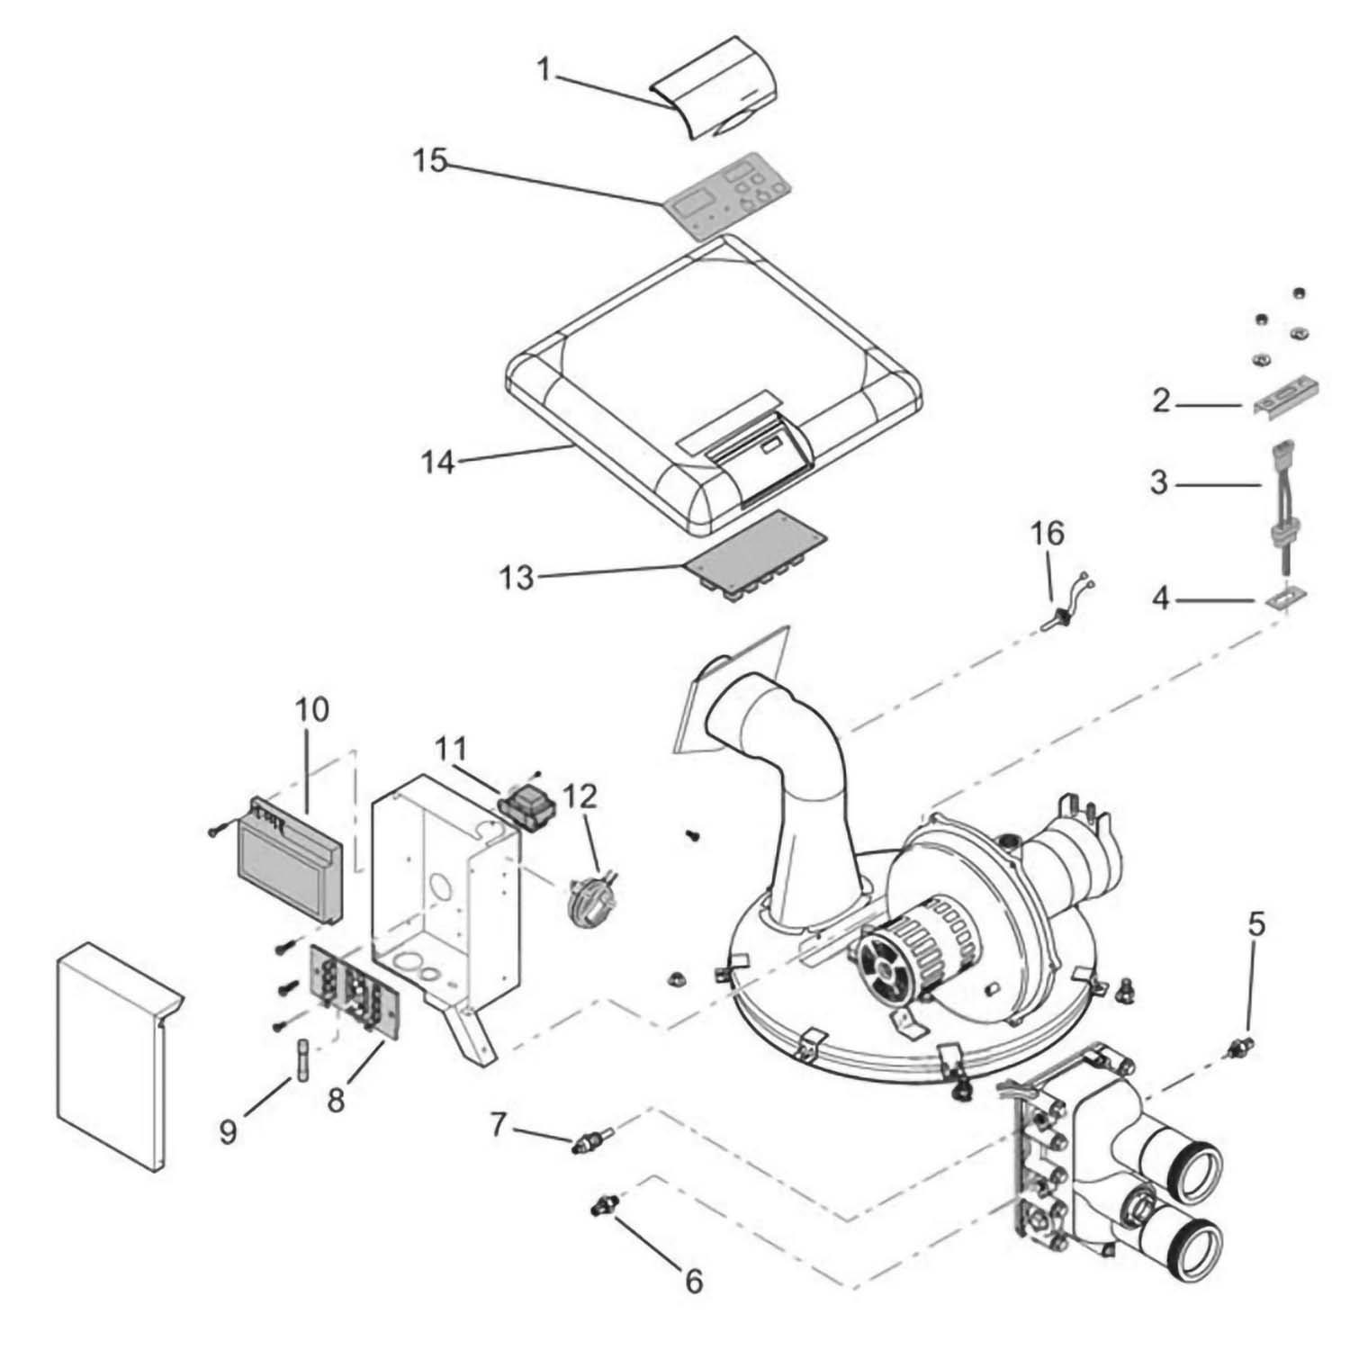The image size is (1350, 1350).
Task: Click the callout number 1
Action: (x=544, y=69)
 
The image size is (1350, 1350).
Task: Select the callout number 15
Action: (x=429, y=161)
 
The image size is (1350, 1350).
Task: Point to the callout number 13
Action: (x=517, y=577)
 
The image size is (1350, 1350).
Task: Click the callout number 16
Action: (x=1048, y=534)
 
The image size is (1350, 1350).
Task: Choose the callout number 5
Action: (x=1256, y=923)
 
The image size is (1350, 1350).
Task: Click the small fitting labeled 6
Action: (x=600, y=1205)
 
